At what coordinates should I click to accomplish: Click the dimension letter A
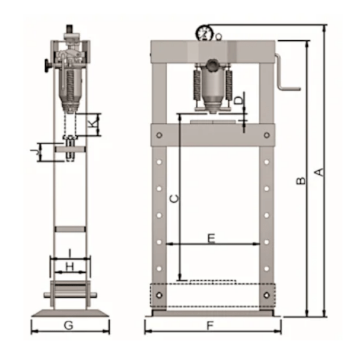[x=320, y=172]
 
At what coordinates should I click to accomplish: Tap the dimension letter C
[x=174, y=199]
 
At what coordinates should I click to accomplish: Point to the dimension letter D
[x=239, y=100]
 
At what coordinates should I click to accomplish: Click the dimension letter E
[x=211, y=239]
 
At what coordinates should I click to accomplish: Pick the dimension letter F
[x=210, y=326]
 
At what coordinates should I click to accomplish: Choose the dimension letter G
[x=68, y=325]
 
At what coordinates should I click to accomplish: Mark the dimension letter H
[x=69, y=267]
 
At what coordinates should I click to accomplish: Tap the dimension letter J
[x=34, y=152]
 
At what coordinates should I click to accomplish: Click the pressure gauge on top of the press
[x=205, y=33]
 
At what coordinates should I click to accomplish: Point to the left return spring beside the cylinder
[x=197, y=85]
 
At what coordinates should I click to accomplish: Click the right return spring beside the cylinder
[x=229, y=85]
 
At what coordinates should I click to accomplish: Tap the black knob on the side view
[x=48, y=66]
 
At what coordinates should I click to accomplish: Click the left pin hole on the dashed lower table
[x=159, y=295]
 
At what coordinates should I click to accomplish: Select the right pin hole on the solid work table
[x=266, y=135]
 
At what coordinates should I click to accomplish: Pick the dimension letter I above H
[x=69, y=253]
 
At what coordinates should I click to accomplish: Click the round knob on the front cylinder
[x=212, y=65]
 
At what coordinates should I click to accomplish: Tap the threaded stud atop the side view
[x=69, y=29]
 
